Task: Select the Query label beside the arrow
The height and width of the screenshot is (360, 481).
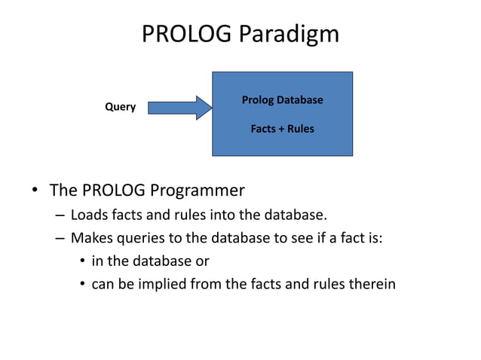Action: [x=120, y=107]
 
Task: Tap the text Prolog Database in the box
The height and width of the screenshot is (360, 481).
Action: [x=282, y=99]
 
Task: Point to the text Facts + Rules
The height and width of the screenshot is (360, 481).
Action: [x=282, y=129]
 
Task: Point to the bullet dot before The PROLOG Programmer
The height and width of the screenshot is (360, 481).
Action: [x=35, y=189]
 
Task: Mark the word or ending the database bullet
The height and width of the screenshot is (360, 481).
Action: [x=201, y=261]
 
